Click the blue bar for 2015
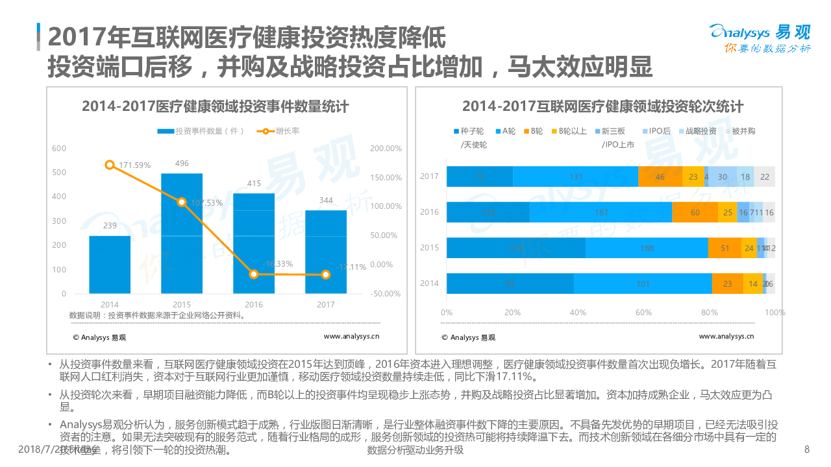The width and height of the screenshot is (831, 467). click(182, 233)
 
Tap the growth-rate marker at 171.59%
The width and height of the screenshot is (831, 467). click(110, 165)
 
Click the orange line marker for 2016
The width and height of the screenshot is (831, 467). click(254, 274)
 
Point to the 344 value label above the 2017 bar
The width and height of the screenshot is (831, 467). click(326, 200)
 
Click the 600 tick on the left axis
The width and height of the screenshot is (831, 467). click(59, 149)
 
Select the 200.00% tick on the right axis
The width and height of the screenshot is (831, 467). click(386, 149)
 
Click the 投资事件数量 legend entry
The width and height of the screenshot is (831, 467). click(201, 131)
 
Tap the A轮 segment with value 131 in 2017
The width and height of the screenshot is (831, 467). click(575, 176)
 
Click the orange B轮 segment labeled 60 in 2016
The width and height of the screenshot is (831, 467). click(695, 212)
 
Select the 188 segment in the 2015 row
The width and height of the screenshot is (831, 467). click(647, 248)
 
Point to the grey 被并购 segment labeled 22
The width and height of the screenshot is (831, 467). click(765, 176)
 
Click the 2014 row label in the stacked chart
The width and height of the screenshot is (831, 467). click(429, 283)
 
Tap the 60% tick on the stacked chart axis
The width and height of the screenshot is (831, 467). click(643, 313)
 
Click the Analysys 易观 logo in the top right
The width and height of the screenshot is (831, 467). click(760, 38)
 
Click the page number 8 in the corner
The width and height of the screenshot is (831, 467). click(807, 449)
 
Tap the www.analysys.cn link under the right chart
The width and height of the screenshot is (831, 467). click(726, 337)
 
